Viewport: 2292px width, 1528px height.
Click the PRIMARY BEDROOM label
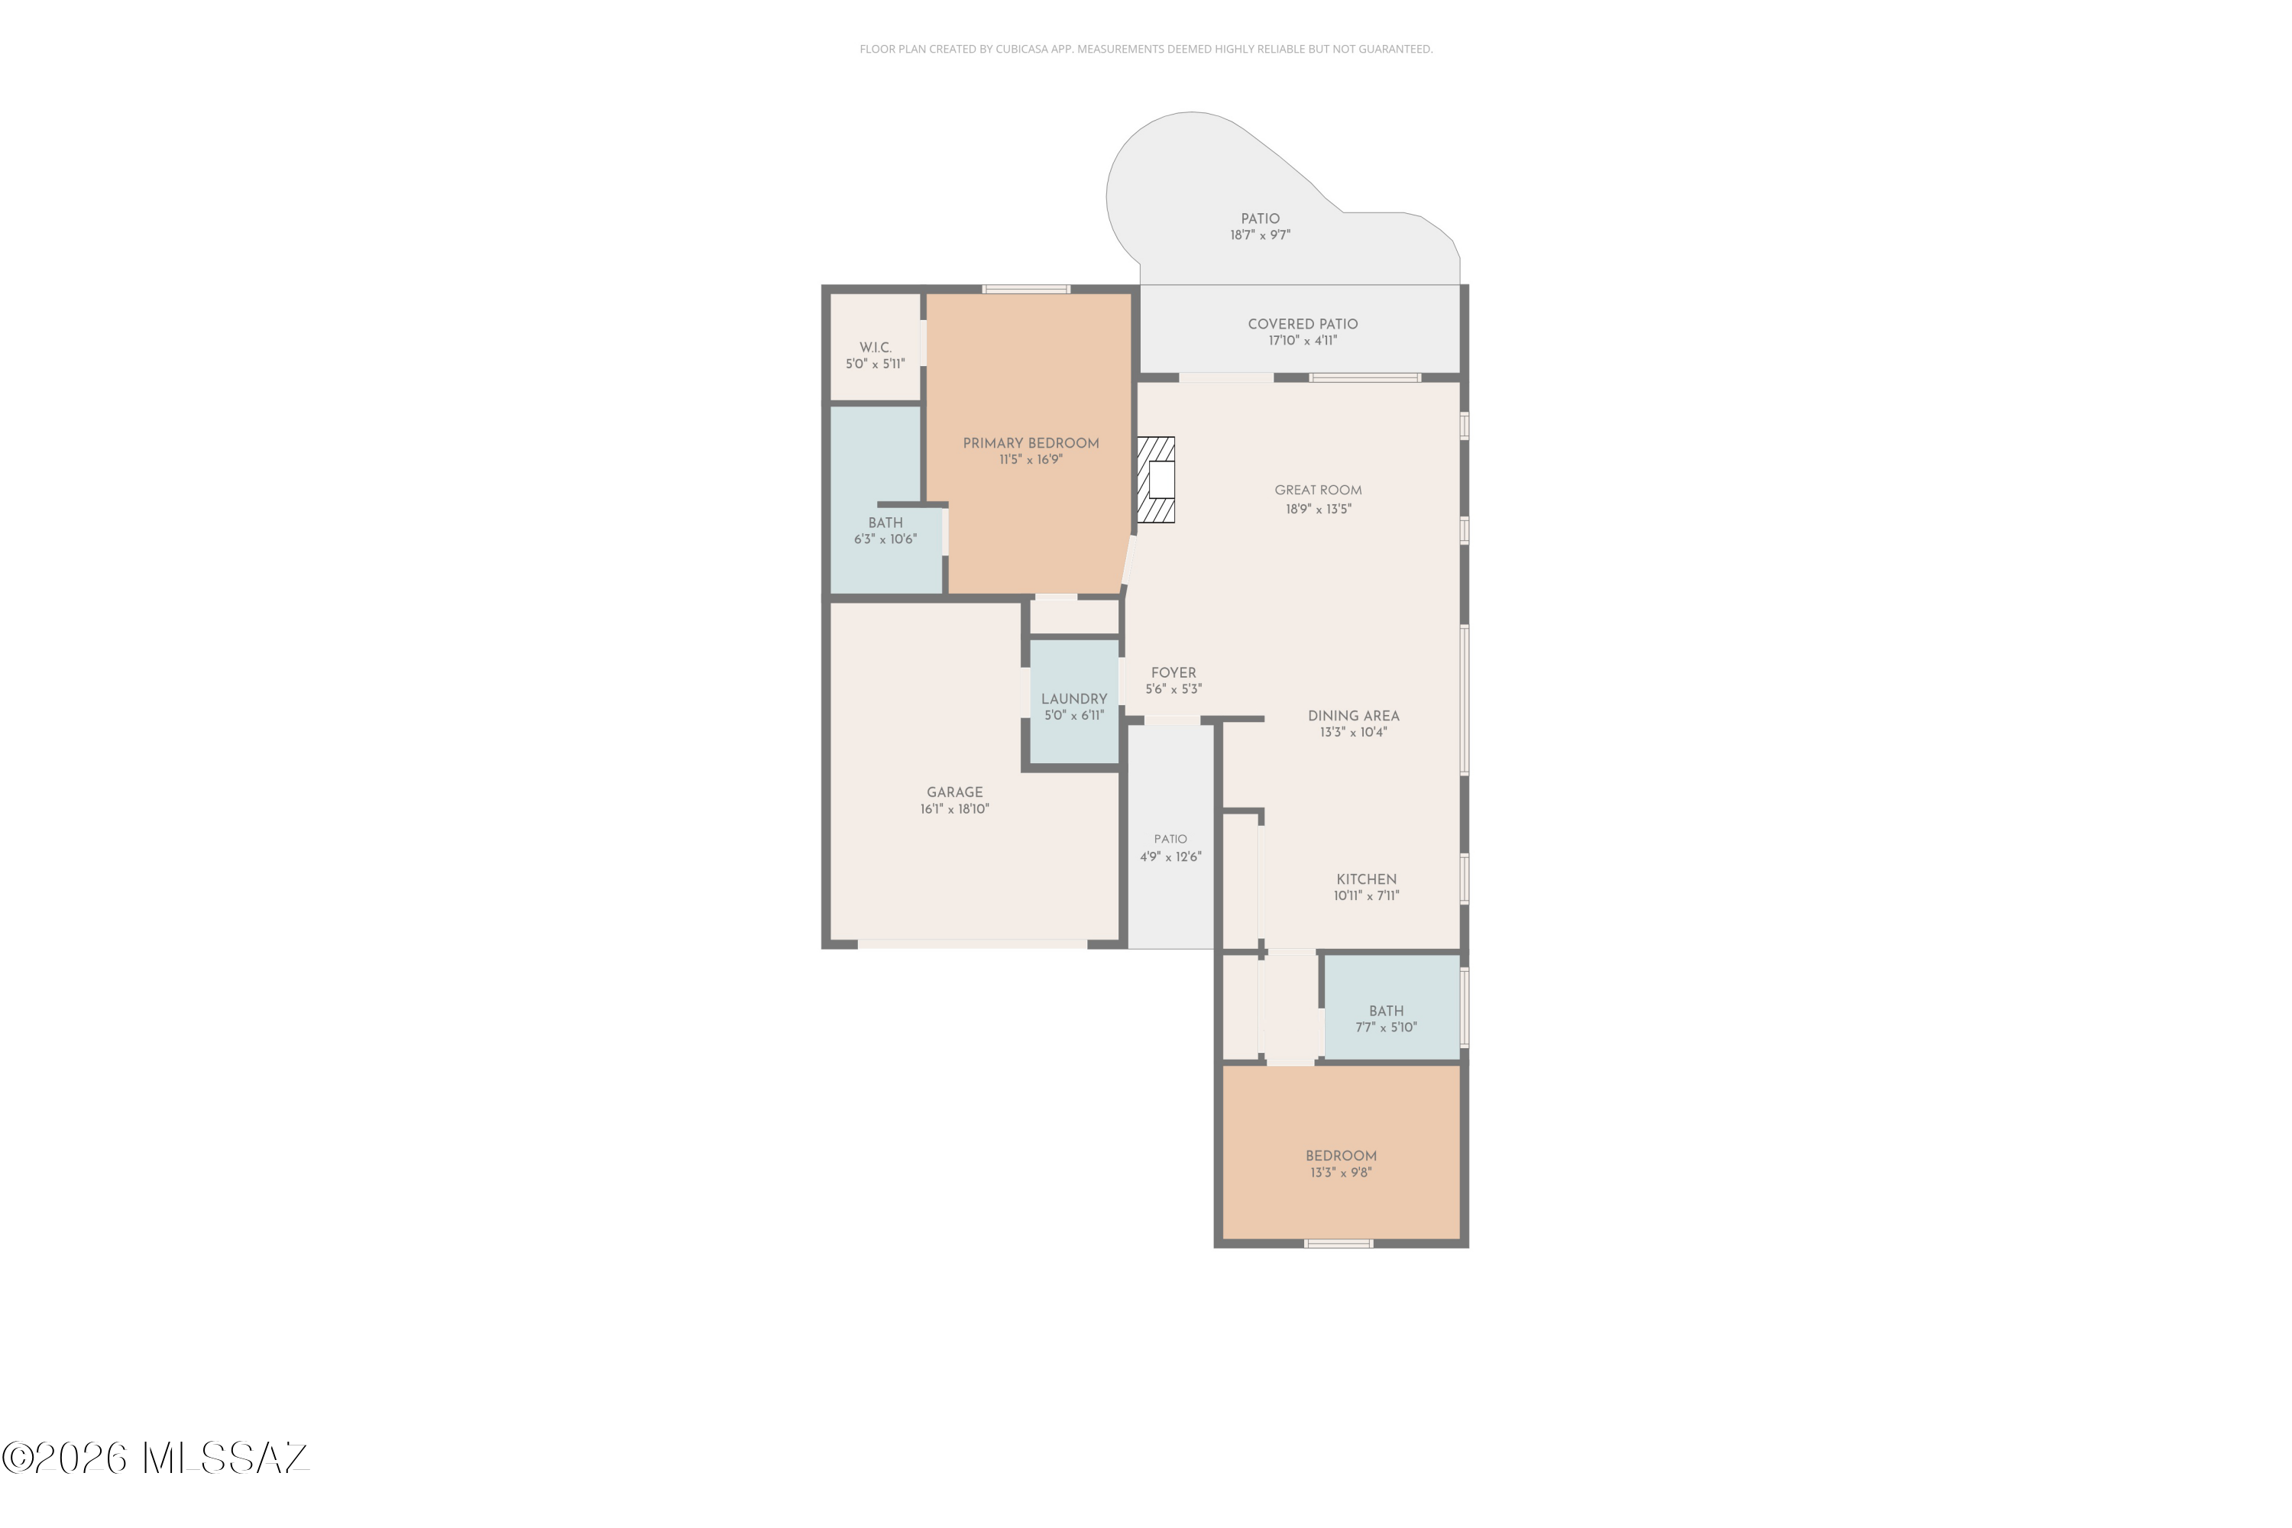tap(1031, 443)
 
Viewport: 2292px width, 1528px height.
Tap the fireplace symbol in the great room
tap(1157, 480)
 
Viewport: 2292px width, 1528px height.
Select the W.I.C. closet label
tap(875, 348)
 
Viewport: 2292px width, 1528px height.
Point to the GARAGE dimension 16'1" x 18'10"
tap(954, 809)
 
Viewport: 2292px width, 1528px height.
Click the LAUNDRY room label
tap(1074, 699)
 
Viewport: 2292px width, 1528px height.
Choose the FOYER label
tap(1174, 672)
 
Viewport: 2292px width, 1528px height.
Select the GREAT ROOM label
tap(1317, 490)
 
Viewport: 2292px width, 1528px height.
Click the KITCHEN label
tap(1365, 879)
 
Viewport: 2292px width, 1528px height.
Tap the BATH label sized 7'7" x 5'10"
tap(1386, 1012)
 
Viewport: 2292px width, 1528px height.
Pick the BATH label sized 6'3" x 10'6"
tap(885, 523)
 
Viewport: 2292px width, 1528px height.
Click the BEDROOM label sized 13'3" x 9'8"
tap(1341, 1156)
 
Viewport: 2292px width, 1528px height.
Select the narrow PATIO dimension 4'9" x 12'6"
tap(1170, 857)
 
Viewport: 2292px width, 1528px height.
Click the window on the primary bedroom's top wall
tap(1026, 290)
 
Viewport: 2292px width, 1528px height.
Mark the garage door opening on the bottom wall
tap(972, 944)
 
